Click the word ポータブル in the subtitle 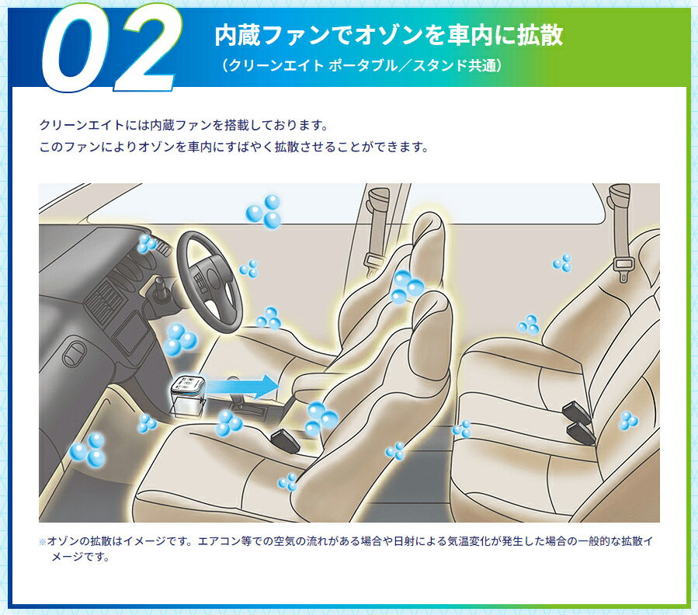click(368, 66)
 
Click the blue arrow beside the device click(242, 386)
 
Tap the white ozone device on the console click(188, 395)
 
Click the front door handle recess click(74, 353)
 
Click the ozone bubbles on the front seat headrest click(407, 287)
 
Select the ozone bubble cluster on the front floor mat click(88, 450)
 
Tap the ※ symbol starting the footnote click(42, 542)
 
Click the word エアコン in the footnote click(214, 541)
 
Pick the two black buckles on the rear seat click(578, 422)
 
